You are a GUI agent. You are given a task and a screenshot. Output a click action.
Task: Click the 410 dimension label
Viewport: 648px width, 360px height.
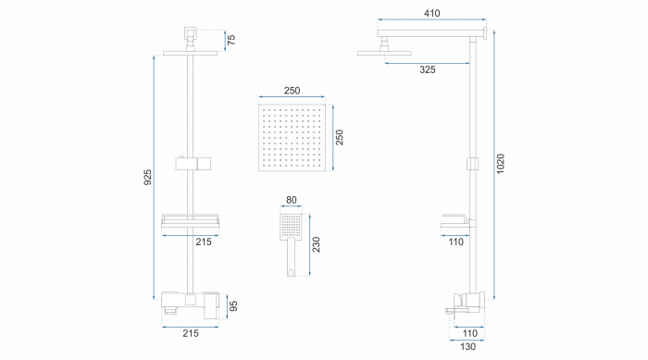[x=432, y=13]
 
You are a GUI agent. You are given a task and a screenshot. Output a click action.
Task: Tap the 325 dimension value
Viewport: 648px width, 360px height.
[x=428, y=69]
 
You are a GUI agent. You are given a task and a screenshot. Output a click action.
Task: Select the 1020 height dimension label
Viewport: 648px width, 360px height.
[x=501, y=164]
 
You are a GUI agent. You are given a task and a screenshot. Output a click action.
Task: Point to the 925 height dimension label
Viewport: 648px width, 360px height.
[x=147, y=177]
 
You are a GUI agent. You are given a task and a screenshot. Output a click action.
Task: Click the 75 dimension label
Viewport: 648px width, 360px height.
[x=231, y=40]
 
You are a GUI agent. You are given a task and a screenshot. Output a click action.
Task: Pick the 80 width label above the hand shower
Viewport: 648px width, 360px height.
[x=292, y=200]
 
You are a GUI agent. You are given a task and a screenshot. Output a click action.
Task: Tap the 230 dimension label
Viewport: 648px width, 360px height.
[x=316, y=244]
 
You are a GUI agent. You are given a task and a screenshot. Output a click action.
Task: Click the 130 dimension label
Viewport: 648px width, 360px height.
[x=467, y=346]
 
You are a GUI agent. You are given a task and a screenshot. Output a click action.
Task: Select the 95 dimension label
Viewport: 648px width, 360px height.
[x=233, y=305]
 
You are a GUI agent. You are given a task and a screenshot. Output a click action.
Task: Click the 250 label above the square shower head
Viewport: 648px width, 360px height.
[x=292, y=91]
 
